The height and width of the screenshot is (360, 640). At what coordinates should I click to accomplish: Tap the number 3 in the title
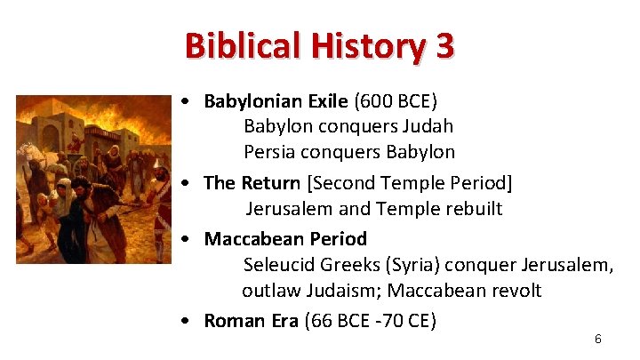tap(444, 45)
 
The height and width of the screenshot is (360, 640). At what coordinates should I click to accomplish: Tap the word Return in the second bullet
tap(268, 183)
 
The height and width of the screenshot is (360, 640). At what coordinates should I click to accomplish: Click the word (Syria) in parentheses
tap(410, 265)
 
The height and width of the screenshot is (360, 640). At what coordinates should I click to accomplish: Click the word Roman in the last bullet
tap(233, 321)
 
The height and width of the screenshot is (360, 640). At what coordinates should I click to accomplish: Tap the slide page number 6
tap(598, 339)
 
